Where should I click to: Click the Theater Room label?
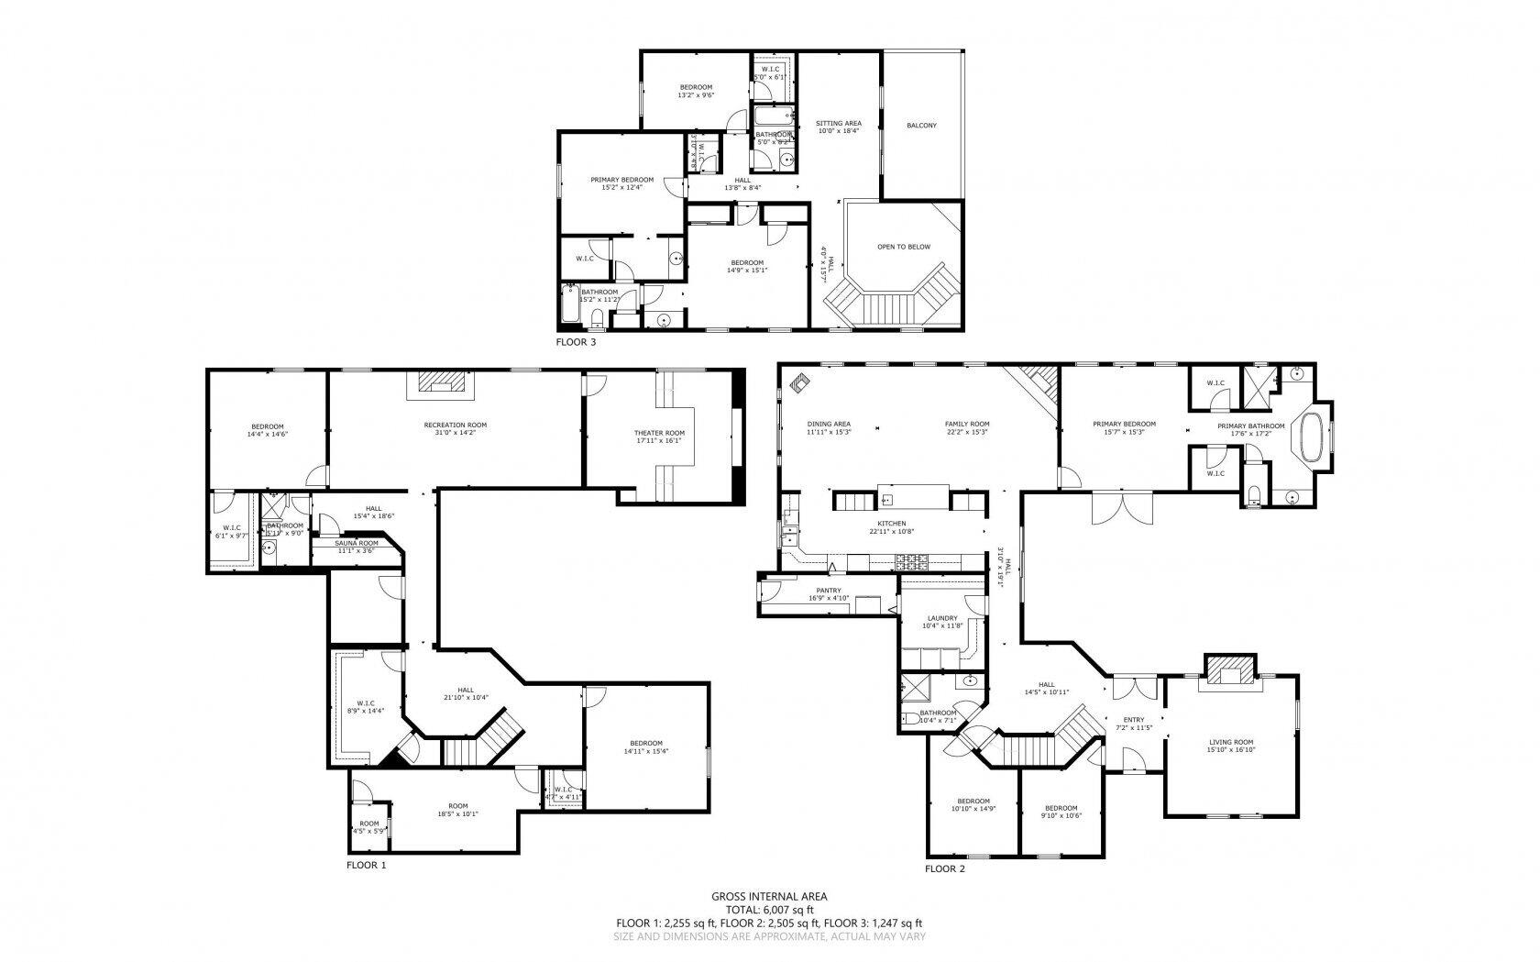(x=659, y=433)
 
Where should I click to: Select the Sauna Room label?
(x=357, y=543)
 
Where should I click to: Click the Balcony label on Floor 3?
(x=921, y=126)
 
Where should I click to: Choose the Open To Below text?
(x=904, y=247)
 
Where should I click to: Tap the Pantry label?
(x=829, y=591)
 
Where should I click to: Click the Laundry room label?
(x=942, y=618)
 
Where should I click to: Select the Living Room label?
(x=1230, y=742)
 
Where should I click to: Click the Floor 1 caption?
(x=367, y=865)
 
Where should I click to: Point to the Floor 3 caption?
(x=576, y=342)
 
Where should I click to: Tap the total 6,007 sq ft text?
(x=769, y=910)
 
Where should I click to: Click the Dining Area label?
(x=829, y=424)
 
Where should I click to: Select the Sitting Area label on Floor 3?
(x=839, y=123)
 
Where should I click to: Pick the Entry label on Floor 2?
(x=1133, y=720)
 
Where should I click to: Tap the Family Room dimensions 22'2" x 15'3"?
(x=967, y=432)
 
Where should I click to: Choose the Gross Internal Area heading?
(x=769, y=896)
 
